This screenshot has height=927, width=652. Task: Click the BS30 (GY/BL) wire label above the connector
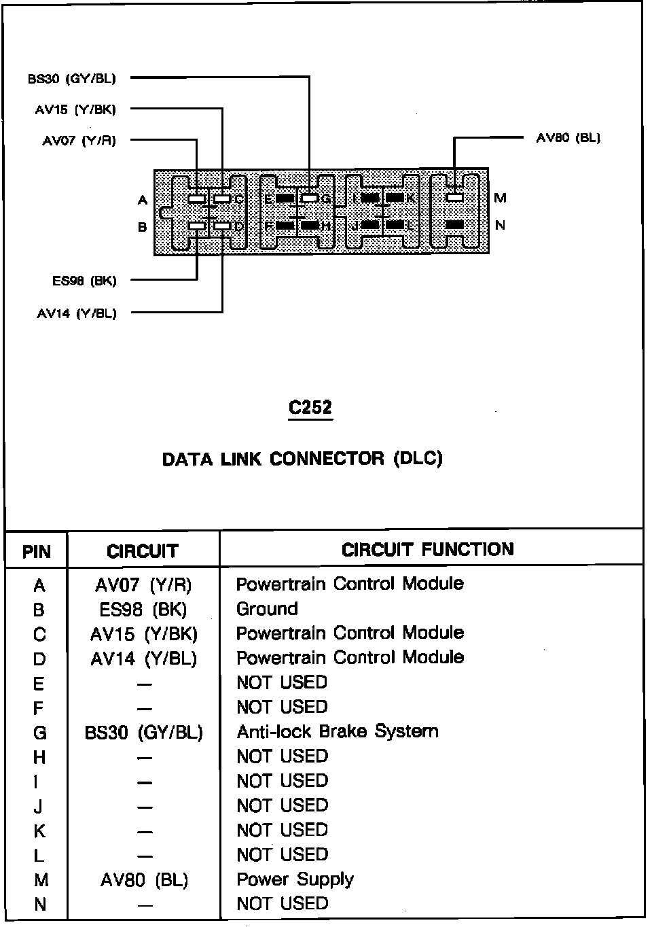pyautogui.click(x=72, y=79)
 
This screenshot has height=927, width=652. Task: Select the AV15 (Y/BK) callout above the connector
pyautogui.click(x=75, y=109)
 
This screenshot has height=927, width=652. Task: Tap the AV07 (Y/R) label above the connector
pyautogui.click(x=79, y=141)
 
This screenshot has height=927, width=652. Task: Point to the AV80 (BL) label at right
pyautogui.click(x=568, y=138)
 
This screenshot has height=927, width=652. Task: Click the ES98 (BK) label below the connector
pyautogui.click(x=84, y=280)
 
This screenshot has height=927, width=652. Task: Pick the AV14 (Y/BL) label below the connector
pyautogui.click(x=76, y=313)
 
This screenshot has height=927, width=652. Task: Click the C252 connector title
pyautogui.click(x=310, y=407)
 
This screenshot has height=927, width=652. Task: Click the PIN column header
pyautogui.click(x=37, y=551)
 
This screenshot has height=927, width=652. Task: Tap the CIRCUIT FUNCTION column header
pyautogui.click(x=428, y=549)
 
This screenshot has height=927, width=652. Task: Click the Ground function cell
pyautogui.click(x=267, y=609)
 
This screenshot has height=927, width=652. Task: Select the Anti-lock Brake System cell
pyautogui.click(x=337, y=732)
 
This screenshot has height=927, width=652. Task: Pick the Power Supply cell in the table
pyautogui.click(x=295, y=879)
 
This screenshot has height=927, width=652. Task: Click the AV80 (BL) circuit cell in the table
pyautogui.click(x=144, y=880)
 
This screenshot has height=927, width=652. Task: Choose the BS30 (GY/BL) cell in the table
pyautogui.click(x=144, y=733)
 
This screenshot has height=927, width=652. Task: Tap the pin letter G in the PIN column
pyautogui.click(x=39, y=733)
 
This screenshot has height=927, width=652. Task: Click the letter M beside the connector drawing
pyautogui.click(x=501, y=198)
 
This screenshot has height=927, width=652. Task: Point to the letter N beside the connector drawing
pyautogui.click(x=501, y=225)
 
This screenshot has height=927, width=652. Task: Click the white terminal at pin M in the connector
pyautogui.click(x=455, y=197)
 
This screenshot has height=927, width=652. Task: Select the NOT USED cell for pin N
pyautogui.click(x=282, y=904)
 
